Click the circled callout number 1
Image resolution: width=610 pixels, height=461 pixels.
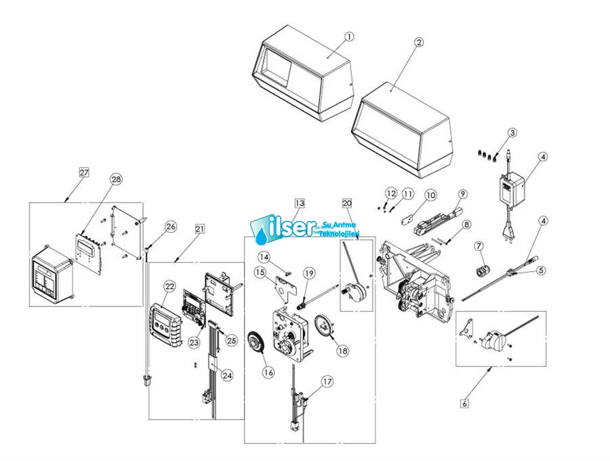[x=348, y=37]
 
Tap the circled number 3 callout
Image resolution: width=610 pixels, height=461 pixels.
[x=512, y=133]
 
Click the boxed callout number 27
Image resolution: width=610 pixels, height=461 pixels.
[x=83, y=173]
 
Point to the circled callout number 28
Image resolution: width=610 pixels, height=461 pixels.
[x=116, y=179]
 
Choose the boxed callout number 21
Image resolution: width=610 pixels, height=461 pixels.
[x=199, y=229]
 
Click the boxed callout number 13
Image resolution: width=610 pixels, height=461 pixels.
[x=300, y=203]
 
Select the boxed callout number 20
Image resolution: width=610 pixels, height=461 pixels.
[x=347, y=203]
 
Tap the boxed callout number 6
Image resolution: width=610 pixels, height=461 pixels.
[x=464, y=404]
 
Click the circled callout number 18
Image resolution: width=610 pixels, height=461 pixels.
[x=342, y=351]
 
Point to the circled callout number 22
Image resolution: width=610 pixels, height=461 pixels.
[x=169, y=287]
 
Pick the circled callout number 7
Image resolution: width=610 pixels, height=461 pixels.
[x=478, y=245]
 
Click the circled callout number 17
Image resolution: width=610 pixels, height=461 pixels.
[x=327, y=382]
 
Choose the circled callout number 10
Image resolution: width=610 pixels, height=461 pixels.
[x=430, y=196]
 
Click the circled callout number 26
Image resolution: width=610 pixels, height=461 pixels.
[x=171, y=226]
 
